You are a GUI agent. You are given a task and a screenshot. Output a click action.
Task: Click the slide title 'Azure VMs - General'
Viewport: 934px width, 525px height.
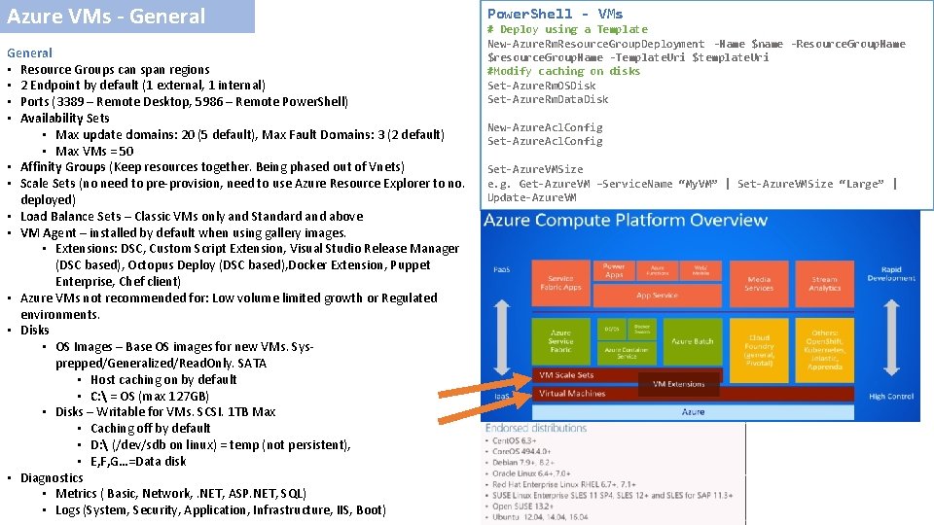tap(106, 17)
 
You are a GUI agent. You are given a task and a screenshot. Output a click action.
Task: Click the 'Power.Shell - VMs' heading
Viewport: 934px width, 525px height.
tap(555, 14)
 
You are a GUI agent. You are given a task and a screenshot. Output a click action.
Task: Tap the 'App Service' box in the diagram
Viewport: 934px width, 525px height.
tap(657, 295)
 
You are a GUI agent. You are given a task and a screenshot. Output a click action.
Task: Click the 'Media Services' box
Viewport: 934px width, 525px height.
tap(759, 283)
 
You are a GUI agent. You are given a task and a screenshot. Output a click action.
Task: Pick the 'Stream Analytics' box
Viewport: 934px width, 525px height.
tap(824, 283)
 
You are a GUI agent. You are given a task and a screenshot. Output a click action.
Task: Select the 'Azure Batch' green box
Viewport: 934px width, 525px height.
tap(692, 341)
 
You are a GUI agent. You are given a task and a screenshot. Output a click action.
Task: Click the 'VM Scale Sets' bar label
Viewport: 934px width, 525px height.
tap(567, 375)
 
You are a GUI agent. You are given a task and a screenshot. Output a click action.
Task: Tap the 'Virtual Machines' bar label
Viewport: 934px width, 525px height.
tap(572, 394)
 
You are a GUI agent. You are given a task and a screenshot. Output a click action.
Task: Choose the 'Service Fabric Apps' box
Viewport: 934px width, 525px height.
tap(560, 283)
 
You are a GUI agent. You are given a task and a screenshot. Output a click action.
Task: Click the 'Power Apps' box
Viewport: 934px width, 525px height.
tap(614, 269)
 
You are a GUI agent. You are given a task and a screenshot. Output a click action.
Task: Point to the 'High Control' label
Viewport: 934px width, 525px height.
tap(891, 396)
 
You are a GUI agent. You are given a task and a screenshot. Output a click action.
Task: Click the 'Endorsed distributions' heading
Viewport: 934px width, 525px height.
tap(535, 428)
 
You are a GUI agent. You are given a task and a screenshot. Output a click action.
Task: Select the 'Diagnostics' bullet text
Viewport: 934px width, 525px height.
tap(52, 477)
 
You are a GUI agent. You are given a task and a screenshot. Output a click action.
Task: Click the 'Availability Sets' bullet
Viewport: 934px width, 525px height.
tap(64, 118)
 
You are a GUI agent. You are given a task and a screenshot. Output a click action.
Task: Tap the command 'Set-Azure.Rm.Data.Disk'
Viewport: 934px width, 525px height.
tap(548, 99)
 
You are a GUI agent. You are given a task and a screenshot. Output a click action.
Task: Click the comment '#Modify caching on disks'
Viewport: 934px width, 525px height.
tap(563, 71)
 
